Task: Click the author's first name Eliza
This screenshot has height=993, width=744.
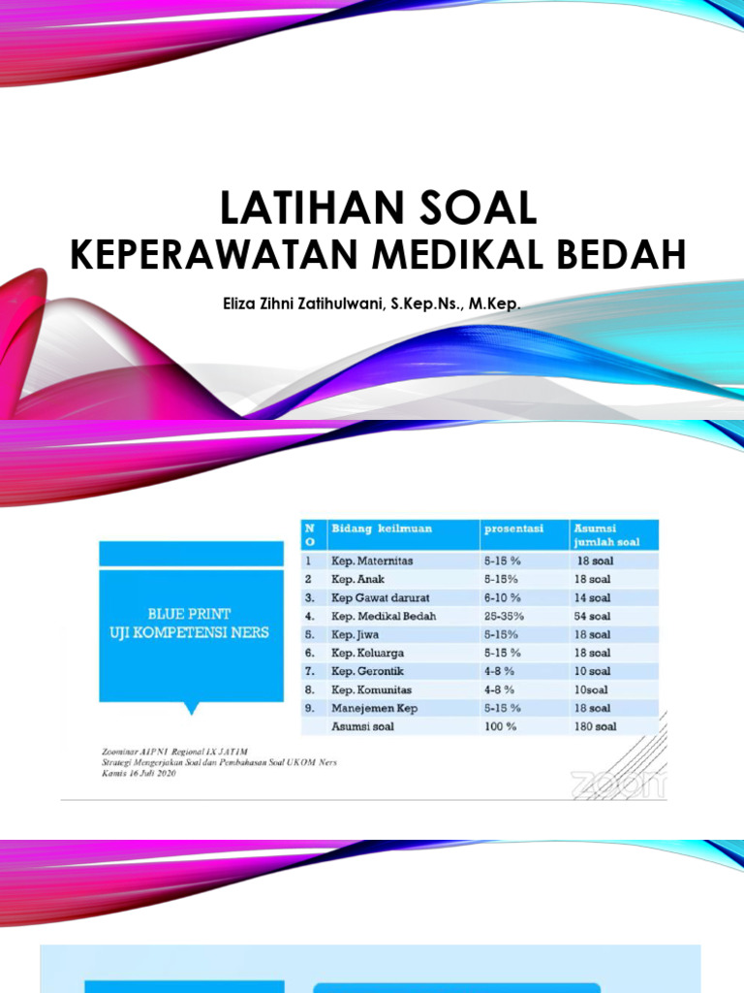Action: pyautogui.click(x=242, y=304)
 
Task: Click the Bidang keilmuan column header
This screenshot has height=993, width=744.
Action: pyautogui.click(x=382, y=529)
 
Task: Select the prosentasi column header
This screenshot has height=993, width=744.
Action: pyautogui.click(x=513, y=529)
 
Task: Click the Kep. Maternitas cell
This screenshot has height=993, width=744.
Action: pyautogui.click(x=373, y=561)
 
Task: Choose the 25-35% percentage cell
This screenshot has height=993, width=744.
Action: pyautogui.click(x=504, y=616)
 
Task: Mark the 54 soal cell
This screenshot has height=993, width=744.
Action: pyautogui.click(x=593, y=616)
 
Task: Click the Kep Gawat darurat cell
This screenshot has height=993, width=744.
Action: pyautogui.click(x=381, y=597)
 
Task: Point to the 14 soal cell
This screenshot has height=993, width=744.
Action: pyautogui.click(x=593, y=597)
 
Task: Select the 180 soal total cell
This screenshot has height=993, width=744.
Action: pyautogui.click(x=595, y=726)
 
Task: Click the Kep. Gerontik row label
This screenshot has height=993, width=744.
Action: pyautogui.click(x=367, y=671)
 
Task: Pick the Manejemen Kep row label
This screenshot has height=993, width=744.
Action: pyautogui.click(x=375, y=708)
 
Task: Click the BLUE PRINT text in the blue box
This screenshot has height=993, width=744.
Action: pyautogui.click(x=189, y=614)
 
